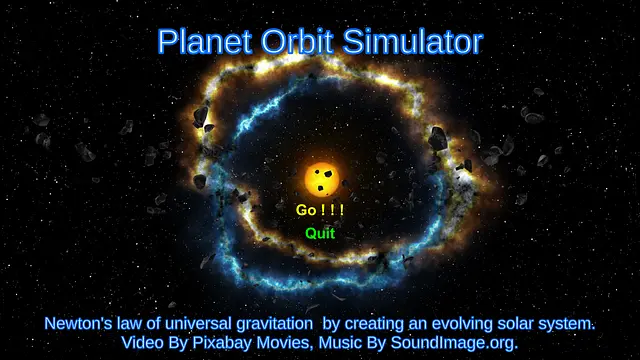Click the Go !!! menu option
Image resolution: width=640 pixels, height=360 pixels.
(x=320, y=210)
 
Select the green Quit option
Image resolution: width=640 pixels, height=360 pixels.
(x=320, y=234)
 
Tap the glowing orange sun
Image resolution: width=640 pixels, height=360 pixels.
(x=320, y=179)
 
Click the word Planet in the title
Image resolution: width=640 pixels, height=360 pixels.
(x=204, y=42)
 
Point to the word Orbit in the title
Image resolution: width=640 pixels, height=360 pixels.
(x=298, y=42)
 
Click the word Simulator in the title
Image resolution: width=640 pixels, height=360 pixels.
(x=414, y=42)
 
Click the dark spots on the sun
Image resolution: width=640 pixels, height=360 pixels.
(x=321, y=181)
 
